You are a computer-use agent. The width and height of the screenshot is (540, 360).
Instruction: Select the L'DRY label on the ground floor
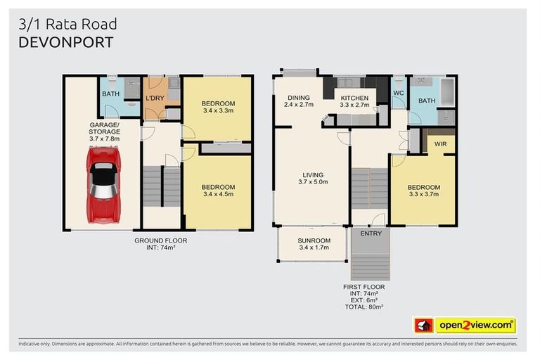click(x=155, y=98)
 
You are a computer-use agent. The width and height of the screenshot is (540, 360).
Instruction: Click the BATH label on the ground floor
click(x=110, y=94)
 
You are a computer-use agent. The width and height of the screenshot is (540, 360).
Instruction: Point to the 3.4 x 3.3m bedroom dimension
click(x=218, y=110)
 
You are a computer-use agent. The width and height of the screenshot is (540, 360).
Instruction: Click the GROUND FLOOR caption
click(x=161, y=240)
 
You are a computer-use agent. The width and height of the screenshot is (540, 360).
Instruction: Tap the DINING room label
click(x=298, y=98)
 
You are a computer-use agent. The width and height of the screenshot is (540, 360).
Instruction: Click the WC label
click(x=398, y=93)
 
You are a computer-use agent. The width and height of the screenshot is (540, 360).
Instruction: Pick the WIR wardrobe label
click(x=441, y=144)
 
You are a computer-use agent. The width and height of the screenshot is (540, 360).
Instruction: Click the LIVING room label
click(x=313, y=175)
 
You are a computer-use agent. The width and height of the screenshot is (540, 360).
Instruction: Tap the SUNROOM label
click(x=313, y=240)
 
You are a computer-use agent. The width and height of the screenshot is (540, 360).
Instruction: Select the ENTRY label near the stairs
click(x=370, y=233)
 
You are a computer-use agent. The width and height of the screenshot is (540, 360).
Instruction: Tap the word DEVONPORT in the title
click(x=65, y=41)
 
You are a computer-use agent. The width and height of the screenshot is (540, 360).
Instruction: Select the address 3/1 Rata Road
click(x=67, y=25)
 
